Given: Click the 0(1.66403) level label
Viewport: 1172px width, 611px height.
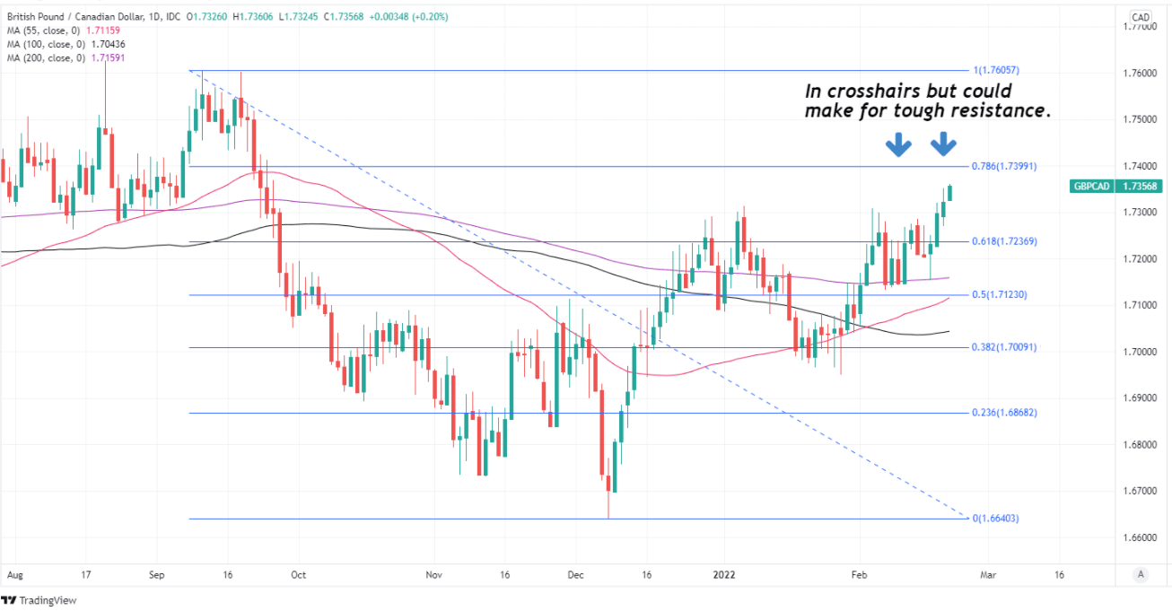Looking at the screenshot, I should [996, 519].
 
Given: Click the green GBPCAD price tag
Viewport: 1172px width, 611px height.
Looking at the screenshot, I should [1116, 187].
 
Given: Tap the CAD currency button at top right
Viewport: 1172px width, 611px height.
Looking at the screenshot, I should [1141, 17].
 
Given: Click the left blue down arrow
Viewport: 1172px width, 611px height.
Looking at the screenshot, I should [898, 144].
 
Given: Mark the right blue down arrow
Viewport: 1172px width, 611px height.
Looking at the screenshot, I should [943, 144].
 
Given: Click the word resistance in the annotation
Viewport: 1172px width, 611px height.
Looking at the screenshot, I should [1001, 111].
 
